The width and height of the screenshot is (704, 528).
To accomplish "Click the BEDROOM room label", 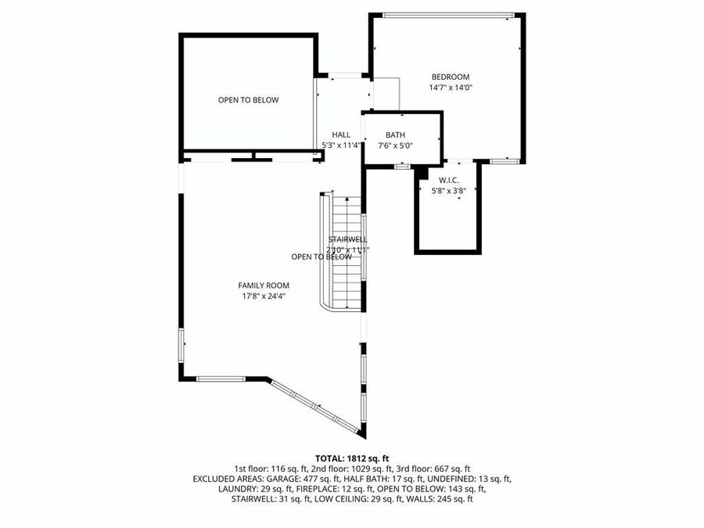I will point(451,77).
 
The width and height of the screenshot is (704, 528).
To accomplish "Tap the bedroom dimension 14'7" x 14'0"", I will point(451,88).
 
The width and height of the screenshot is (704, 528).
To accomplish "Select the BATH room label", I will point(395,135).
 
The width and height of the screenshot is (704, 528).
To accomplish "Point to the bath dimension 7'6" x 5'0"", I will point(395,145).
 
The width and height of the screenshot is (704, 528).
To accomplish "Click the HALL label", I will point(341,135).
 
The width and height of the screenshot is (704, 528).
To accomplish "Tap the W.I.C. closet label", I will point(448,180).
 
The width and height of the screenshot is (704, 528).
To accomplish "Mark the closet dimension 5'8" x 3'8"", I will point(448,190).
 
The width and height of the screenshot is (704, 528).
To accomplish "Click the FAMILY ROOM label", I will point(264,286).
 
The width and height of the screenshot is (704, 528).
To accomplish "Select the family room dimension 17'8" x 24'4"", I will point(264,296).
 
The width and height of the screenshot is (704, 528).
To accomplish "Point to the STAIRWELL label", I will point(348,239).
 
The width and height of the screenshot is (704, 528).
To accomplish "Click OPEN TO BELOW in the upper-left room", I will point(248,100).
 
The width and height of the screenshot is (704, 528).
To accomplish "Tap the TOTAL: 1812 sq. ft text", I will point(352,458).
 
